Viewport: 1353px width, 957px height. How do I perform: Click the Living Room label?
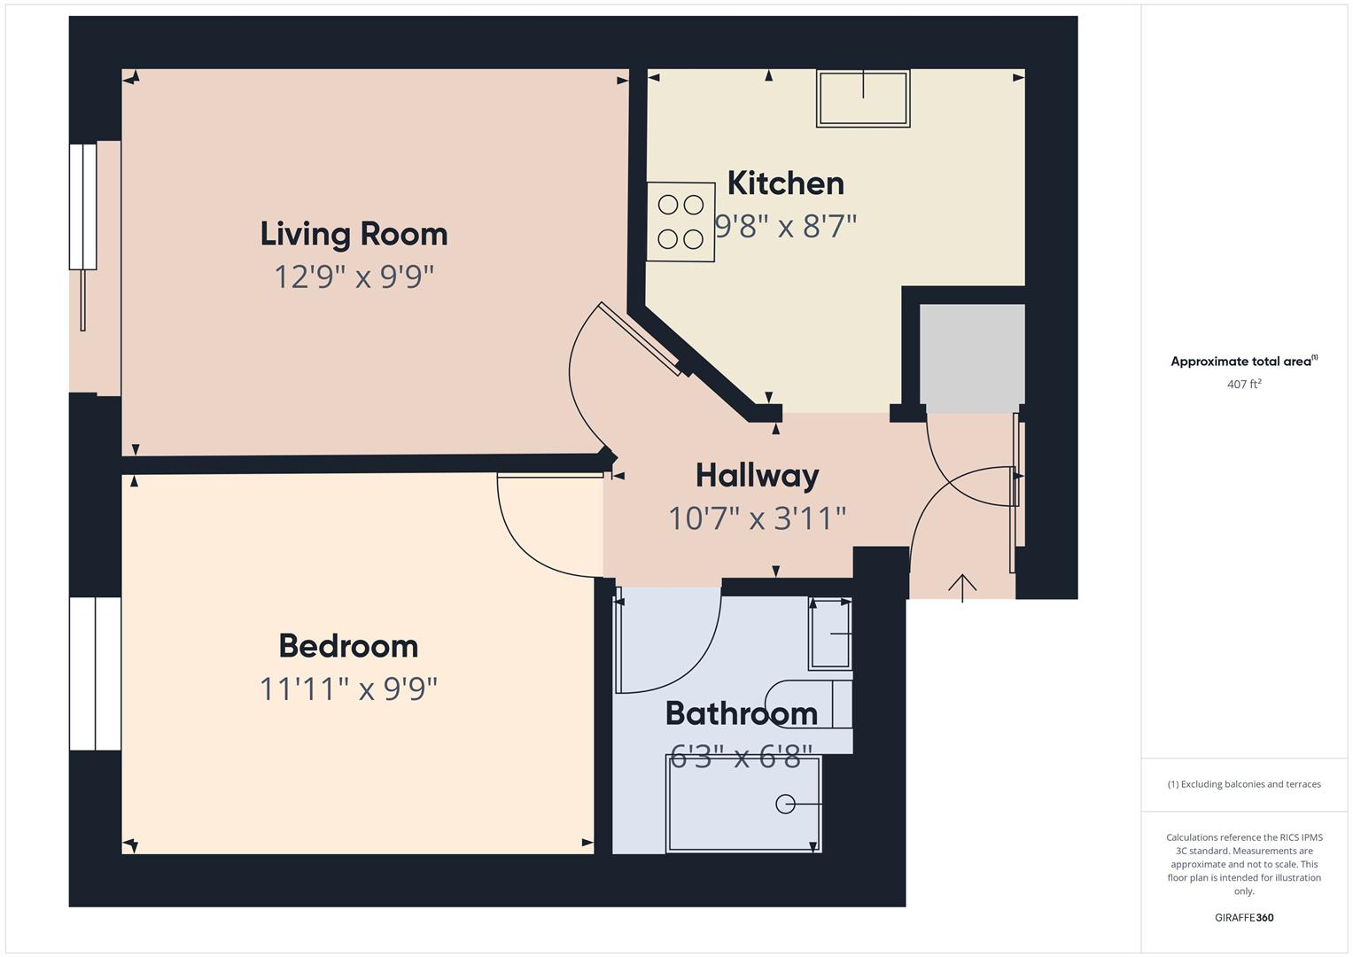pyautogui.click(x=354, y=234)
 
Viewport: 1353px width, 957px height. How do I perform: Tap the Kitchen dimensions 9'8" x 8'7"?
pyautogui.click(x=786, y=227)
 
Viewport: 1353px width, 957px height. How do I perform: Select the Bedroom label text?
pyautogui.click(x=348, y=646)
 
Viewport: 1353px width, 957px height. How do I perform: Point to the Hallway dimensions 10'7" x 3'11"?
pyautogui.click(x=757, y=518)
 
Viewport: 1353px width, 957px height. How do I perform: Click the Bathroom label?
pyautogui.click(x=741, y=713)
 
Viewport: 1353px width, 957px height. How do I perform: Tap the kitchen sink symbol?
pyautogui.click(x=862, y=98)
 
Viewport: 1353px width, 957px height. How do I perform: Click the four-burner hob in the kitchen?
pyautogui.click(x=680, y=222)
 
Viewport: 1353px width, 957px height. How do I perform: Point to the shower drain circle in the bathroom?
pyautogui.click(x=785, y=804)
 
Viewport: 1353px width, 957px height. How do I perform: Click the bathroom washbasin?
pyautogui.click(x=830, y=634)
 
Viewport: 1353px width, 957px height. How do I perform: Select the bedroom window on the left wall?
pyautogui.click(x=95, y=673)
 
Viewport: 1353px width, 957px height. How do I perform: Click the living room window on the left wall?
pyautogui.click(x=83, y=206)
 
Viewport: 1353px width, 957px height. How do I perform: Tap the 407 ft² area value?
pyautogui.click(x=1244, y=385)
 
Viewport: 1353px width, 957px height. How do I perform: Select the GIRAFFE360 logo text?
pyautogui.click(x=1244, y=917)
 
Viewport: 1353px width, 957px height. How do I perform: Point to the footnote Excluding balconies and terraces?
pyautogui.click(x=1244, y=784)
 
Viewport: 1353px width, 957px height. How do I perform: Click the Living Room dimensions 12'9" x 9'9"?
pyautogui.click(x=354, y=277)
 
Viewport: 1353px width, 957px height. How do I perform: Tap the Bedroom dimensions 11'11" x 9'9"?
pyautogui.click(x=348, y=689)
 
